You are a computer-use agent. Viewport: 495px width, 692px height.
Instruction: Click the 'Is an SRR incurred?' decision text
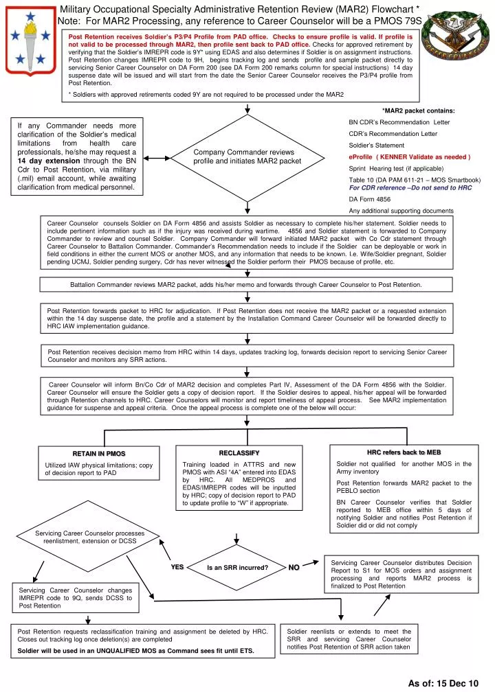pos(236,568)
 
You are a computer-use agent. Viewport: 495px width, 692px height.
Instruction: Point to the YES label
pos(177,567)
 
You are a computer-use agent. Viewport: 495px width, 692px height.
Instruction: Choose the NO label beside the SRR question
pos(294,567)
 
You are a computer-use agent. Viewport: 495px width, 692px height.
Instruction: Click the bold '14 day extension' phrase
pos(45,160)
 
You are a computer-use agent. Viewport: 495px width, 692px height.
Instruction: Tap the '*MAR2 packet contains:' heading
pos(417,111)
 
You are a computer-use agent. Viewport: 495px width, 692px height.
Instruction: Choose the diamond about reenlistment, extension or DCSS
pos(91,538)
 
